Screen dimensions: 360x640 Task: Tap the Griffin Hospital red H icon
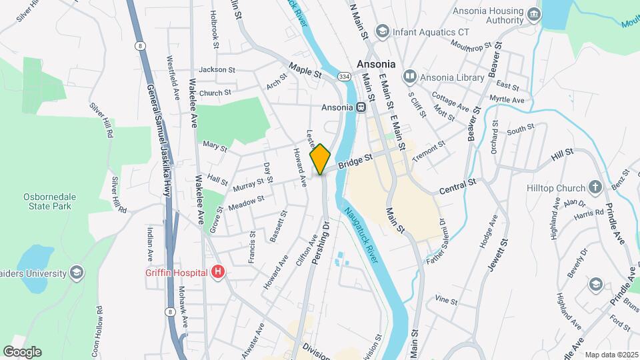[217, 272]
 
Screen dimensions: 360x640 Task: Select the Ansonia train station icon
[361, 107]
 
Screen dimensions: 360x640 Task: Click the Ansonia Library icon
[409, 77]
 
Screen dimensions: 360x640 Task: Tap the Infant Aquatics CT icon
[382, 31]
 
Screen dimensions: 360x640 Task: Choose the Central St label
[457, 186]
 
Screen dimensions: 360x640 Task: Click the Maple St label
[306, 68]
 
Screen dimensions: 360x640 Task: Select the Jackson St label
[217, 69]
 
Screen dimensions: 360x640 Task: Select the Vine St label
[446, 301]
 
